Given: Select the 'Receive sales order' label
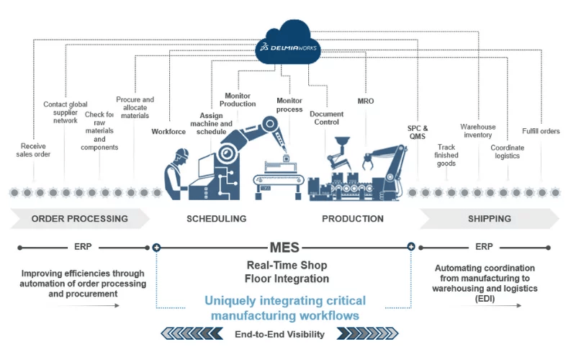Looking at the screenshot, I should coord(33,150).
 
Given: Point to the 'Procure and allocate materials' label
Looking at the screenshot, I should coord(135,107).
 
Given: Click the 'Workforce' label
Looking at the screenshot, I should coord(169,132).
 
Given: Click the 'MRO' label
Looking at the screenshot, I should coord(366,102).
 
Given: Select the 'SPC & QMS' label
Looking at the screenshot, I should coord(418,133).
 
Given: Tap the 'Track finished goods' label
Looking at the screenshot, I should coord(446,155).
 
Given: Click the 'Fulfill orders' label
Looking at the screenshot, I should coord(541,131).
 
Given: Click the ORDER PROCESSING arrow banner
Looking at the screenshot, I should coord(79,218).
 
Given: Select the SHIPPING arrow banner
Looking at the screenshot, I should coord(490,218).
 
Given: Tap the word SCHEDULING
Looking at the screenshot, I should coord(216,218).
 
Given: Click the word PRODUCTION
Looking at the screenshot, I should coord(353,218).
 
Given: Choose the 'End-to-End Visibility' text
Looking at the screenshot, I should coord(279,334).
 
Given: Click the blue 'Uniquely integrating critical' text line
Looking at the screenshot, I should coord(285,301).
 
